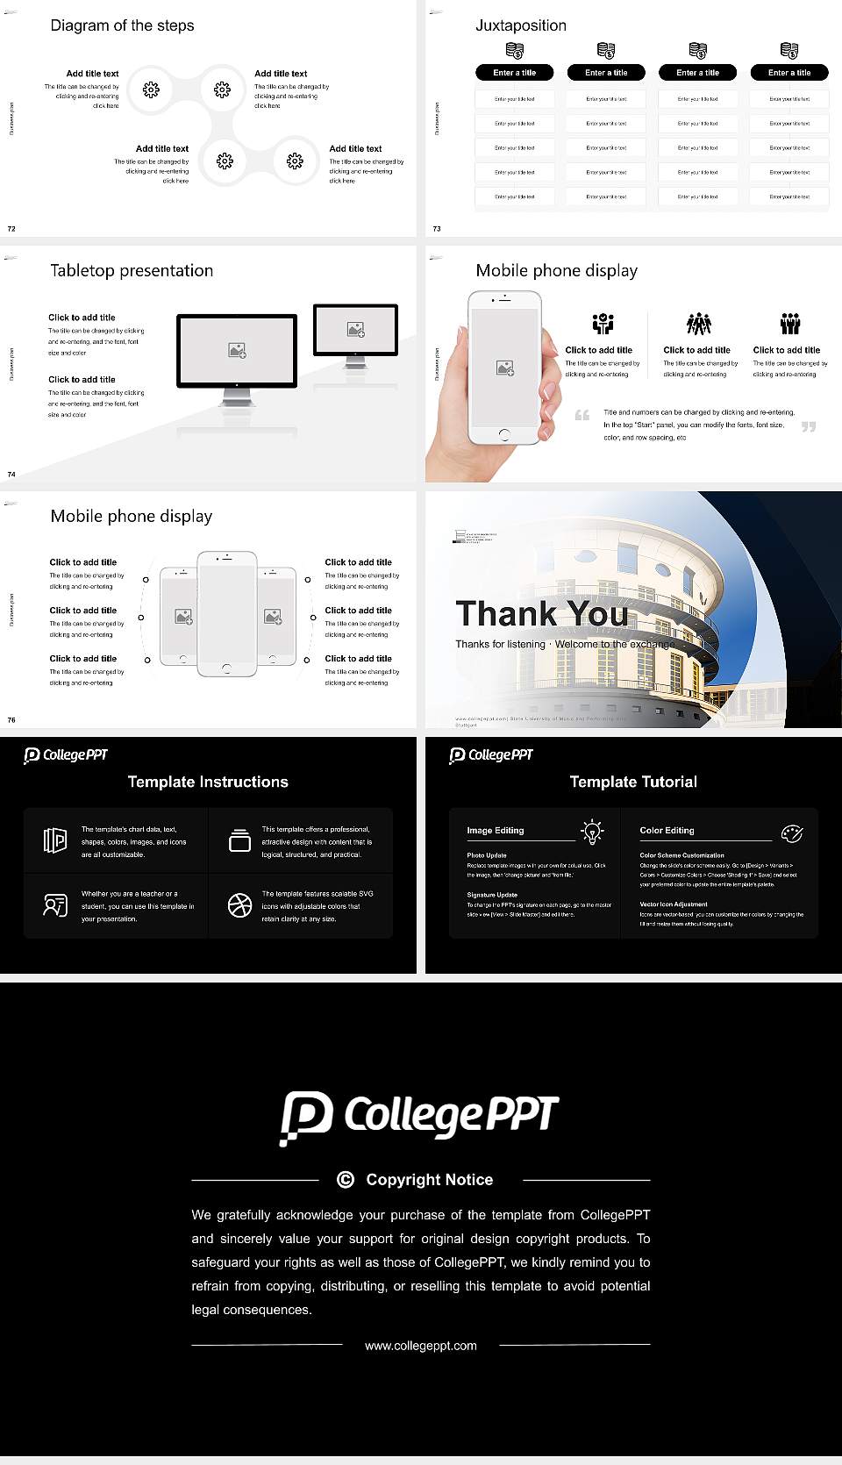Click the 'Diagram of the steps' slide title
click(x=122, y=25)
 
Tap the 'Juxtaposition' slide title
click(x=520, y=25)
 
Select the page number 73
click(x=437, y=228)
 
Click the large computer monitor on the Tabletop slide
click(x=237, y=351)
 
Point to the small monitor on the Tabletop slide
click(x=355, y=330)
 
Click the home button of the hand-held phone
click(x=503, y=434)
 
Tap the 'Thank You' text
click(x=541, y=613)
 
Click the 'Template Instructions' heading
click(x=208, y=782)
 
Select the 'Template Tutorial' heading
click(x=633, y=782)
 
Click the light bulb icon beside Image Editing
click(x=592, y=832)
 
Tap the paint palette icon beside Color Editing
click(x=792, y=833)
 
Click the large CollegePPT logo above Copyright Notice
click(x=419, y=1117)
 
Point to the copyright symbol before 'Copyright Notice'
click(x=346, y=1180)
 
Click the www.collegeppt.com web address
click(x=421, y=1346)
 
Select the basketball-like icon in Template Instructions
click(x=239, y=905)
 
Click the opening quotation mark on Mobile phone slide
click(x=582, y=415)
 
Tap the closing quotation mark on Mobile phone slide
click(x=809, y=426)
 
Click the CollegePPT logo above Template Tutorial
click(x=491, y=755)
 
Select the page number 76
click(x=11, y=719)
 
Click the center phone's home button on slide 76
click(x=226, y=668)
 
